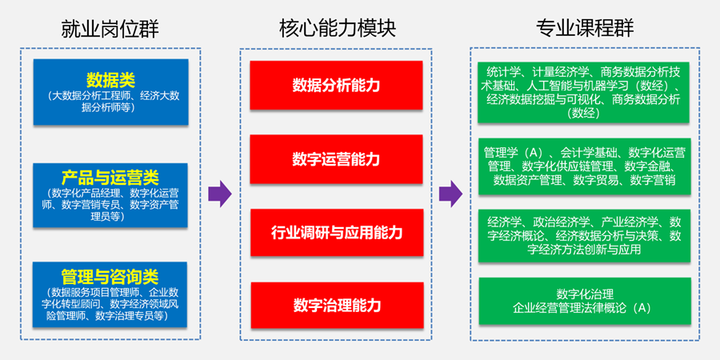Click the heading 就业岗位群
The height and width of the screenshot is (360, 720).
(110, 29)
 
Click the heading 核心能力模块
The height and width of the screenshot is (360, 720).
(337, 29)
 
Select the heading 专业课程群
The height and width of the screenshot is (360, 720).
(584, 29)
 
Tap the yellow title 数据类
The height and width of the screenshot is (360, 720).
(110, 79)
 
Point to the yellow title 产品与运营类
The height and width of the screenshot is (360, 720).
(110, 178)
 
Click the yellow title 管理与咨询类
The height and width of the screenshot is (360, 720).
(110, 278)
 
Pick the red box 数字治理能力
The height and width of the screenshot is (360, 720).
(336, 305)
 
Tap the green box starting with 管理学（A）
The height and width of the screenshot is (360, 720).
(584, 166)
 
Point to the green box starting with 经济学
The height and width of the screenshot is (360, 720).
(584, 235)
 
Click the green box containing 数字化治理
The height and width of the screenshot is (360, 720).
(584, 300)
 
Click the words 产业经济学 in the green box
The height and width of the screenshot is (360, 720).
(630, 222)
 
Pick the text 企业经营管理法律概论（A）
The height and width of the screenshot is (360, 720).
(584, 307)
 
